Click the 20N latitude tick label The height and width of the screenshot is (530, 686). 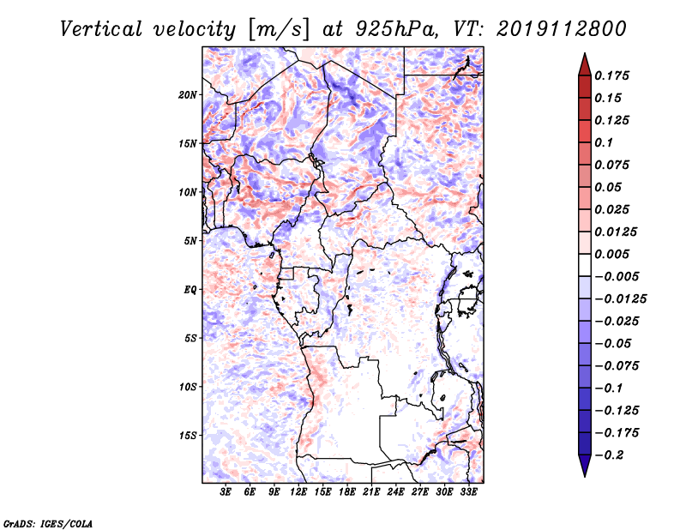[x=188, y=95]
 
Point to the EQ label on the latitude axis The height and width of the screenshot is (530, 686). [x=190, y=290]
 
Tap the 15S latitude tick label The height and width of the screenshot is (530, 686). [x=188, y=436]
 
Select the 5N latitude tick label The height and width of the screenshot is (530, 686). [x=190, y=241]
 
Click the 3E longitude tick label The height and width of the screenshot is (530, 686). [x=226, y=492]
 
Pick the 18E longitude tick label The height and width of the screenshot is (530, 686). [x=347, y=492]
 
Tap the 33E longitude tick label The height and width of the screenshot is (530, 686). [x=468, y=492]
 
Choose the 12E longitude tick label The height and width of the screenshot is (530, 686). [x=298, y=492]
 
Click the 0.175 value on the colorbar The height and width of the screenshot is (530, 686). [x=611, y=75]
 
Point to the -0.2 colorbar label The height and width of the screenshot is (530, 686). [x=609, y=455]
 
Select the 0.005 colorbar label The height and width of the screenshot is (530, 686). [x=611, y=254]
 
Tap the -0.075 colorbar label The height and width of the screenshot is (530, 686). [x=617, y=366]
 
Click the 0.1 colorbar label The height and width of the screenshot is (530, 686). [x=604, y=142]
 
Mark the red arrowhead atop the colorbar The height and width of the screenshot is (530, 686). [x=585, y=64]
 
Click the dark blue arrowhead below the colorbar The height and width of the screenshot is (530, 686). [x=585, y=466]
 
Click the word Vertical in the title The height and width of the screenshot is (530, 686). [x=100, y=29]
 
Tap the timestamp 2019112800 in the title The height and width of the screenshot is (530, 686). [x=562, y=29]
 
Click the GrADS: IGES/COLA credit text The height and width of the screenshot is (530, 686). [x=48, y=523]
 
